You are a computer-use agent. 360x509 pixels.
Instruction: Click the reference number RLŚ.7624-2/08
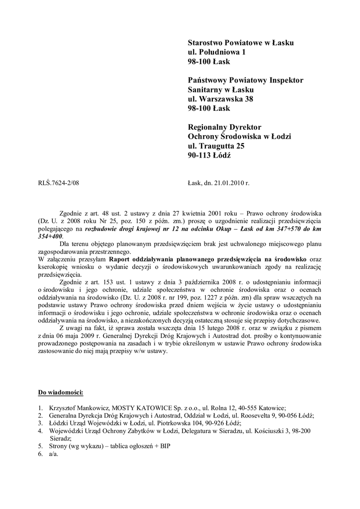pos(59,183)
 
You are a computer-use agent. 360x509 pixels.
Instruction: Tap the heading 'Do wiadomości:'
pos(60,393)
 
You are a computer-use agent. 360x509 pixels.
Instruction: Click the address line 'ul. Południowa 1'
pos(217,52)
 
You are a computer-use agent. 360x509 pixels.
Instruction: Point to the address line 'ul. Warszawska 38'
pos(220,99)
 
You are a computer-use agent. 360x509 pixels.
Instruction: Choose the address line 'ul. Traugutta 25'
pos(216,146)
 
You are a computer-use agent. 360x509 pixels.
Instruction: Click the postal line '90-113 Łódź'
pos(209,155)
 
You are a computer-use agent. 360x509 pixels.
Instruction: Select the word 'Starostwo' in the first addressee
pos(205,43)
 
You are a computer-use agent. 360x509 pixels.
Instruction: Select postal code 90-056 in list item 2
pos(289,416)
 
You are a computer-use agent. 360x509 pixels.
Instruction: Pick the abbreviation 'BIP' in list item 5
pos(165,446)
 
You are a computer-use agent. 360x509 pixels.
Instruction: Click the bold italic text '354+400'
pos(50,236)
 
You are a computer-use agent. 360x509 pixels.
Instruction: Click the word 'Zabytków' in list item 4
pos(136,431)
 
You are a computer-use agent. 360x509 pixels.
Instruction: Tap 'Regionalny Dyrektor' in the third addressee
pos(224,127)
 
